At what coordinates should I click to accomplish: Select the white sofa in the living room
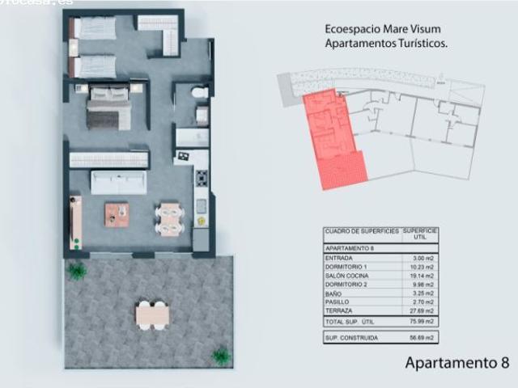(x=118, y=182)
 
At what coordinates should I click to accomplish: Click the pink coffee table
(x=117, y=214)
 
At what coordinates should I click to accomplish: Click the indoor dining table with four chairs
(x=169, y=218)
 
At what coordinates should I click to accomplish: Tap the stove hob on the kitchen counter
(x=201, y=178)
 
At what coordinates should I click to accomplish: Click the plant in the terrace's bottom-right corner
(x=220, y=354)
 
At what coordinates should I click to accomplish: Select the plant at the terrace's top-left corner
(x=77, y=271)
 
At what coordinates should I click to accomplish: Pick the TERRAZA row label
(x=339, y=310)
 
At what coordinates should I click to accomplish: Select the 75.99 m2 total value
(x=422, y=322)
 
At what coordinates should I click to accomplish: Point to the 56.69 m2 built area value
(x=422, y=336)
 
